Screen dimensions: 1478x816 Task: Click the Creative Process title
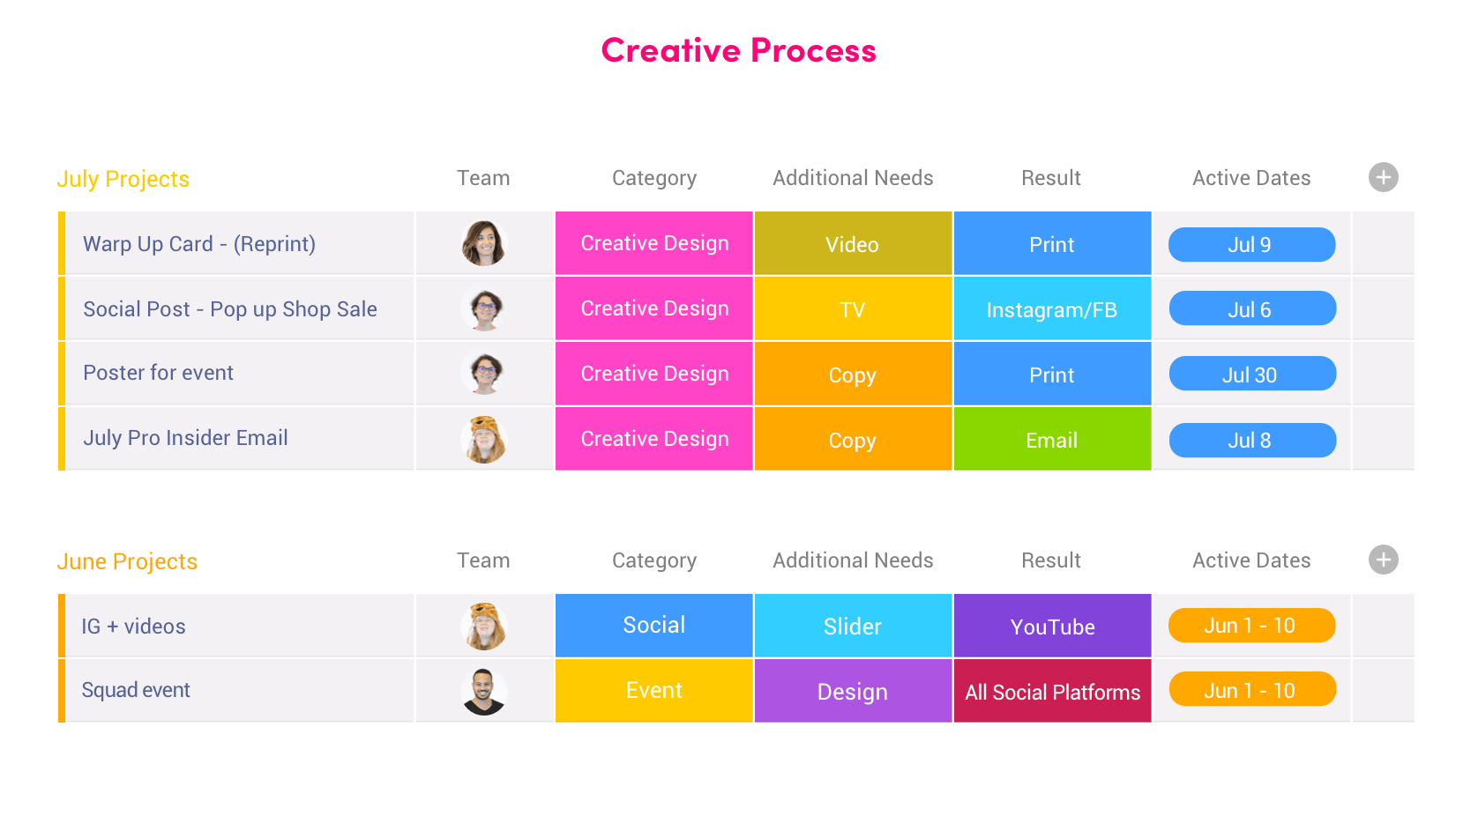click(738, 50)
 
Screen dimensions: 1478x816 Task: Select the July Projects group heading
click(123, 179)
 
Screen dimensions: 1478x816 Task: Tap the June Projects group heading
click(127, 561)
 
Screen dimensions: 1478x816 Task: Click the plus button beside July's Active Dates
click(1383, 177)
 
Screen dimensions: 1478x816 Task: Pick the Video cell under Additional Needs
click(853, 243)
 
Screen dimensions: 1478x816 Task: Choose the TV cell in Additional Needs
click(853, 308)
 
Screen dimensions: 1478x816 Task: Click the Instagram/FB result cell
click(1052, 308)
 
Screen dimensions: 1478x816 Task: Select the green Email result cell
click(1052, 439)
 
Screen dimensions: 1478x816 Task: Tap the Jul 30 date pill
click(1252, 374)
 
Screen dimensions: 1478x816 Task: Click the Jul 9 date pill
click(1252, 245)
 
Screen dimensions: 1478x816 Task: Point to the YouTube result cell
click(1052, 626)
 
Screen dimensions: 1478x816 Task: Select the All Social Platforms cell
click(1052, 691)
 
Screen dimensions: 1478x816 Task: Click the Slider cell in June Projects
click(853, 626)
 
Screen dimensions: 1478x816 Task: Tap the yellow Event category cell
click(653, 691)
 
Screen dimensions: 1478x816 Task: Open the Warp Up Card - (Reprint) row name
click(199, 244)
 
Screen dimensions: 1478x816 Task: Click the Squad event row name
click(135, 690)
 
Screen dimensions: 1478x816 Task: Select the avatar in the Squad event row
click(483, 692)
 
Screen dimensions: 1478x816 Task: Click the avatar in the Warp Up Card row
click(483, 243)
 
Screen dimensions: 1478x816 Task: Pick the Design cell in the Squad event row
click(853, 691)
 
